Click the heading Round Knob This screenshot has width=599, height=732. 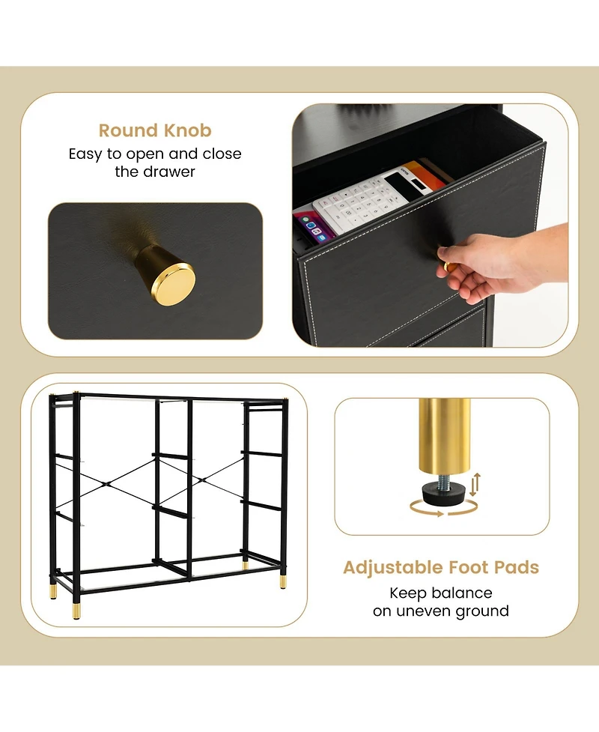155,130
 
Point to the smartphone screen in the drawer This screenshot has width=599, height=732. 311,229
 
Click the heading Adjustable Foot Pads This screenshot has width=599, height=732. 441,567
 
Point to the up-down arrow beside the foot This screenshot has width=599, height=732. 475,485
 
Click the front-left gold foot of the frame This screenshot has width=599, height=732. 76,611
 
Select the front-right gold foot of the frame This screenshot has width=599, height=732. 283,581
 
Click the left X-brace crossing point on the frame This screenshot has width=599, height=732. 108,484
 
